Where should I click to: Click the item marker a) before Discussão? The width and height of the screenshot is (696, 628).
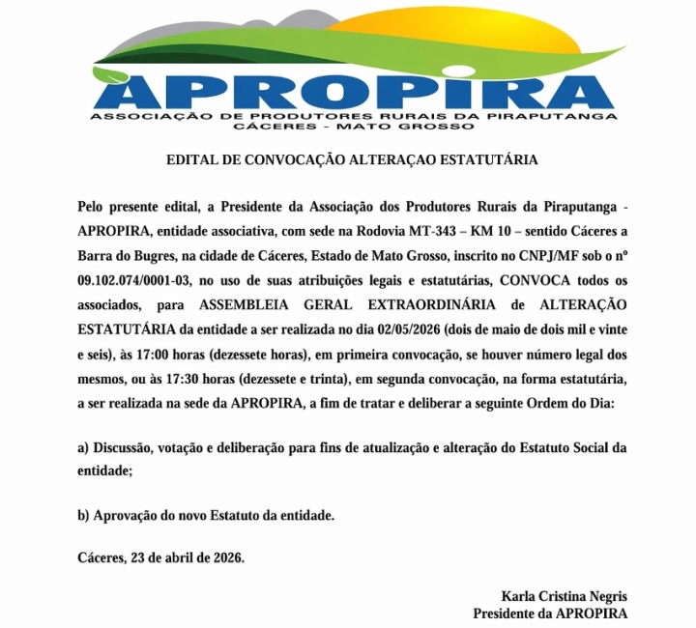pyautogui.click(x=84, y=447)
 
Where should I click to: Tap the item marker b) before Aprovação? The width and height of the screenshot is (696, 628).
pyautogui.click(x=84, y=515)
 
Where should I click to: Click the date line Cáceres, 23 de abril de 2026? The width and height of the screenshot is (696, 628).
pyautogui.click(x=160, y=557)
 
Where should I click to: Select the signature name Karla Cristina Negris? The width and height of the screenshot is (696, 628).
pyautogui.click(x=565, y=596)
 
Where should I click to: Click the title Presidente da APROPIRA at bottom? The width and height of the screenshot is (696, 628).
pyautogui.click(x=549, y=614)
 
